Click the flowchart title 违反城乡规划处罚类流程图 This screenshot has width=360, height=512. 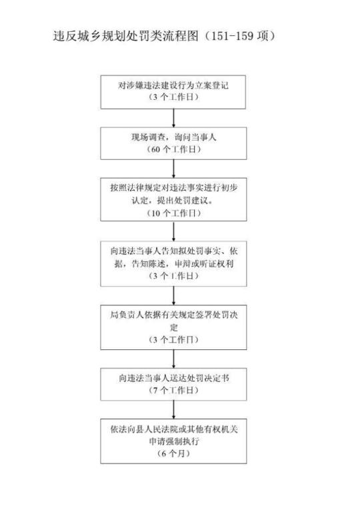point(126,36)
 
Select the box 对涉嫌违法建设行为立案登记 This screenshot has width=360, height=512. point(173,92)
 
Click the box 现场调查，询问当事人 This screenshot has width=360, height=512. point(173,143)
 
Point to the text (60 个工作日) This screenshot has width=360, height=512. point(173,149)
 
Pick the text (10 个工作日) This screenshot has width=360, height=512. point(173,213)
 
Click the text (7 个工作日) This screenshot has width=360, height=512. point(173,390)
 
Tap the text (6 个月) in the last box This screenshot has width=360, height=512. point(173,453)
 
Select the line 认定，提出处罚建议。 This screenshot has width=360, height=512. point(173,201)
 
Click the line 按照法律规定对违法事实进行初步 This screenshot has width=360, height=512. point(173,188)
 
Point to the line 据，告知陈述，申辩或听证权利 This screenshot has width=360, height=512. point(173,264)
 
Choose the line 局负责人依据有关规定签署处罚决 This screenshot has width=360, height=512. point(173,315)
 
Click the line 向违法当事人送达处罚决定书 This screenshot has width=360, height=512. point(173,378)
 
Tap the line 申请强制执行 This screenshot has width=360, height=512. point(173,441)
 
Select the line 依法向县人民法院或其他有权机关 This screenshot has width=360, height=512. point(173,429)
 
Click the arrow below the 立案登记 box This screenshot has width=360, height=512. point(173,118)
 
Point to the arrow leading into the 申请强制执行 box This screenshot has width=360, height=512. point(173,410)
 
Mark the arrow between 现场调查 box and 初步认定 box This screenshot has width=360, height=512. point(173,169)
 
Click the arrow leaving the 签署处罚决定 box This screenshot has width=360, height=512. point(173,359)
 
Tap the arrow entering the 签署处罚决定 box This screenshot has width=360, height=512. point(173,296)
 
